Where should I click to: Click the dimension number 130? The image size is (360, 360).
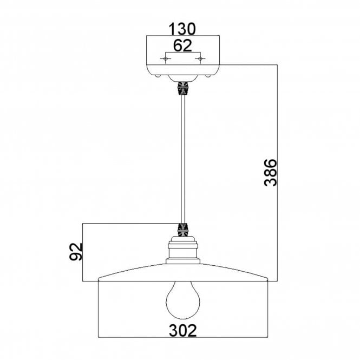(x=182, y=29)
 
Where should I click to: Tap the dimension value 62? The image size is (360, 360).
(x=182, y=45)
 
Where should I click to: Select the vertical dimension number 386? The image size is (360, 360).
(x=271, y=173)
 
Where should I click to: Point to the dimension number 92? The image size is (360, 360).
(x=76, y=252)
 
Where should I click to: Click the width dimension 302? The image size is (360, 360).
(x=183, y=330)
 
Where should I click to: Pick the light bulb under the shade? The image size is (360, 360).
(x=183, y=300)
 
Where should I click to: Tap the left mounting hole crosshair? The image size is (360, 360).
(x=166, y=59)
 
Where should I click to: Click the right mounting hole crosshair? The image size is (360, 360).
(x=200, y=59)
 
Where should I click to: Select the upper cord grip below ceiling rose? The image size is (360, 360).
(x=183, y=89)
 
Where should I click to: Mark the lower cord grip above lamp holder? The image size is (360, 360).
(x=183, y=230)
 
